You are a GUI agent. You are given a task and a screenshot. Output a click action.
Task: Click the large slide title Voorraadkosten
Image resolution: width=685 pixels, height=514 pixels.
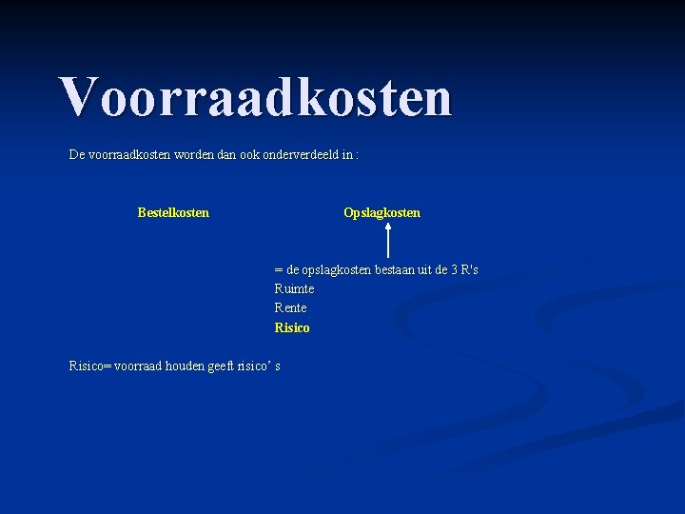(255, 97)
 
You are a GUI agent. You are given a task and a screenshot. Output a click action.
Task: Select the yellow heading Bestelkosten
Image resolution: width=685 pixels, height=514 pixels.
(173, 212)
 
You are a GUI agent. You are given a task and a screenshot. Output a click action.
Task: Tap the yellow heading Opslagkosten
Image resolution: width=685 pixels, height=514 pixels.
(382, 212)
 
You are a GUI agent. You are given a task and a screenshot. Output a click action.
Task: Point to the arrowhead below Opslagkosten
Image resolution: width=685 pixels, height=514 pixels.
(388, 227)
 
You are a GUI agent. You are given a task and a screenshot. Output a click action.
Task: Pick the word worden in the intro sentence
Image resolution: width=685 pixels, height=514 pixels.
(194, 154)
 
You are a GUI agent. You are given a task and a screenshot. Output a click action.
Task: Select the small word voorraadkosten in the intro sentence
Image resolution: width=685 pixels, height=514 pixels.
(129, 154)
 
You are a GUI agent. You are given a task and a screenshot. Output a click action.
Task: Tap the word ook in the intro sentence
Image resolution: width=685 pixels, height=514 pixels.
(251, 154)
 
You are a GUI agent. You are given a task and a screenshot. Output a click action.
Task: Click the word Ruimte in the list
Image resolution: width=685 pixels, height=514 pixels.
(294, 288)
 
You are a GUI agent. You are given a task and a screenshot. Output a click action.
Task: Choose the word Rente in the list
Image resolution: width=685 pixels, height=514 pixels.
(290, 307)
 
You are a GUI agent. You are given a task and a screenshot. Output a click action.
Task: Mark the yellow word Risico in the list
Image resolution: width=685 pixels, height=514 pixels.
(292, 327)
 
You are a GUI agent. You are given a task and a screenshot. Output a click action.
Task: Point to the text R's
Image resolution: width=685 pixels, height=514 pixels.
(469, 269)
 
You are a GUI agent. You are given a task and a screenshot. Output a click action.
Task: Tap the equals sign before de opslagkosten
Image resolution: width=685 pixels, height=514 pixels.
(278, 270)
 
